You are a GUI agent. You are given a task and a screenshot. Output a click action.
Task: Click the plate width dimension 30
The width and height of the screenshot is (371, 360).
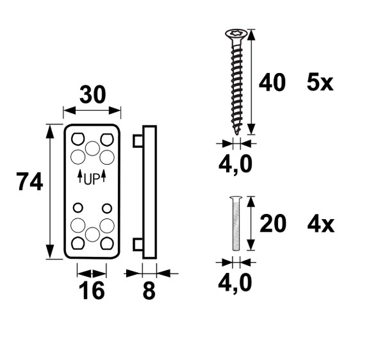tap(92, 95)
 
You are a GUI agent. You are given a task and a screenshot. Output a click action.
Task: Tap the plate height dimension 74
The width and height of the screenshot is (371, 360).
tap(30, 181)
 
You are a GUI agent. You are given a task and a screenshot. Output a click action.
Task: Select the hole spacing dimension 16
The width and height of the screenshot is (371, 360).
tap(92, 290)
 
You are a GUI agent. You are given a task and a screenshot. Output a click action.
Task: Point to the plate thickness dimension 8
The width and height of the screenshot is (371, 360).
tap(149, 290)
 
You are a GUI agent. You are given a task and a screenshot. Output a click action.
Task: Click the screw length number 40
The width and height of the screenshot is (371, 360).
tap(272, 82)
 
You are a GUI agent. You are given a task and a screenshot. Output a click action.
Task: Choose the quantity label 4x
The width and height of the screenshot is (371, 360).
tap(321, 224)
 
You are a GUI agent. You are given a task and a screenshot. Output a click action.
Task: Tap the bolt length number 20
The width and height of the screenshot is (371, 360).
tap(273, 224)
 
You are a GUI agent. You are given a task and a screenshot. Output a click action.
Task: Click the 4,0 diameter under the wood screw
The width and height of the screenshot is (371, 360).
tap(235, 165)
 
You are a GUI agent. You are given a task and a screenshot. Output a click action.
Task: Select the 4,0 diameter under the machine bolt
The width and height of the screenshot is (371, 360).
tap(235, 283)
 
